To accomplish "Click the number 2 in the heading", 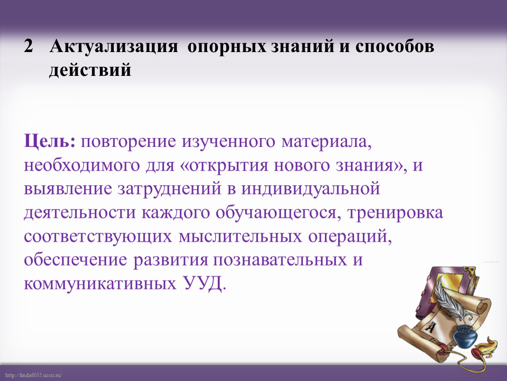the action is (x=29, y=46).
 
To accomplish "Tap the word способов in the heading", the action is (x=395, y=46).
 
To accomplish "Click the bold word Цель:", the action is (x=49, y=142).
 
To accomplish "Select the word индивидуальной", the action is (x=310, y=189).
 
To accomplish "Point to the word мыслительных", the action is (x=240, y=236).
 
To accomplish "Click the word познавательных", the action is (x=280, y=260).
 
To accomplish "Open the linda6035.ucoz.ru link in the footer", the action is (x=34, y=375).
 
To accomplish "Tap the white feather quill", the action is (x=448, y=299).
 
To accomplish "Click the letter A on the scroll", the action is (x=430, y=327).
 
